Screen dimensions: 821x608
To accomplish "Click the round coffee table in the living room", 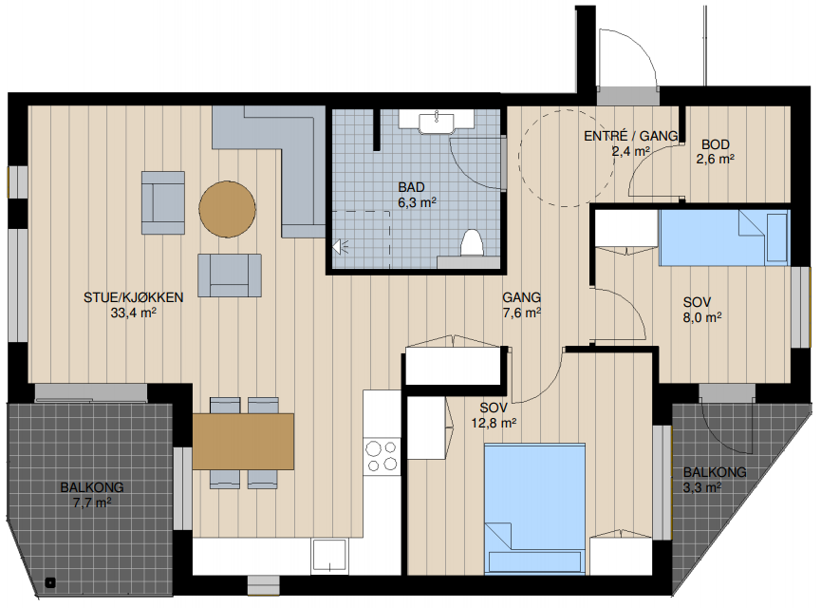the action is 227,209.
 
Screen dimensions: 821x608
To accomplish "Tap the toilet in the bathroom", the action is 471,243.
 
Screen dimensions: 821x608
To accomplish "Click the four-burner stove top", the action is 382,457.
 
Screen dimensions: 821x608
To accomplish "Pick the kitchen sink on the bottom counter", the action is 329,555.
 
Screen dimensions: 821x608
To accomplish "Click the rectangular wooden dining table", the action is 243,442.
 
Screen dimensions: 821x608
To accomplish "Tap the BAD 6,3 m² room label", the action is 417,195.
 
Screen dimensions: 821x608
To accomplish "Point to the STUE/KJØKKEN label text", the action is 134,297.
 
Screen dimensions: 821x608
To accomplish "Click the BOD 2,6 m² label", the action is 716,151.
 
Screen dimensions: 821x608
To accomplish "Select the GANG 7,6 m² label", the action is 521,305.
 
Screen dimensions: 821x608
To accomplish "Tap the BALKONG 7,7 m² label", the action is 92,495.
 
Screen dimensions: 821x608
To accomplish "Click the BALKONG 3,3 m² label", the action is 715,480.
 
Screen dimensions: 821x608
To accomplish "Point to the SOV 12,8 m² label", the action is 494,415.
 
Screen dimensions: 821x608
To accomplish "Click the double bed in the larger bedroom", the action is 534,508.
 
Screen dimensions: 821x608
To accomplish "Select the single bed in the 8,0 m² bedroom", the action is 724,237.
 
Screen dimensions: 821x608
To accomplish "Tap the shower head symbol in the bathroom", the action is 341,246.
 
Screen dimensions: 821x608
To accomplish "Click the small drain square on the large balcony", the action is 50,582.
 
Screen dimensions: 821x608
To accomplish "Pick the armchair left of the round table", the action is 163,202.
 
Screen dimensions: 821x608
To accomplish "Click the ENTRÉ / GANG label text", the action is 631,136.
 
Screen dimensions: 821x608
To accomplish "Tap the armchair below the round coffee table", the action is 230,275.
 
